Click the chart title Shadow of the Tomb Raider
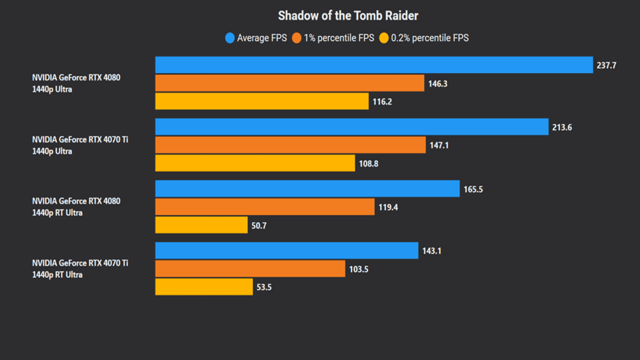coord(348,15)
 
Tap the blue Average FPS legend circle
coord(230,38)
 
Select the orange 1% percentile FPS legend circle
coord(297,38)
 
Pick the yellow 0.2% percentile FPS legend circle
coord(384,38)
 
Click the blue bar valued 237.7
coord(374,65)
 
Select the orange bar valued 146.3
coord(289,83)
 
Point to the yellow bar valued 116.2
coord(262,101)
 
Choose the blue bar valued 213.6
coord(351,127)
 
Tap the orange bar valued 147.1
coord(290,145)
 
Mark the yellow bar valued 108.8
coord(255,163)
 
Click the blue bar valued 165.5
coord(307,189)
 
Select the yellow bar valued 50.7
coord(201,225)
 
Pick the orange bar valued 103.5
coord(250,269)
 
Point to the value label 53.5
coord(264,287)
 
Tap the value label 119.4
coord(388,207)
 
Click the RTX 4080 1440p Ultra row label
coord(76,83)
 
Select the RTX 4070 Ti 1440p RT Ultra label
coord(80,268)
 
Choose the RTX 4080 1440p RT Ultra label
coord(76,206)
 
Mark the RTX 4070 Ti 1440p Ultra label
coord(80,145)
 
